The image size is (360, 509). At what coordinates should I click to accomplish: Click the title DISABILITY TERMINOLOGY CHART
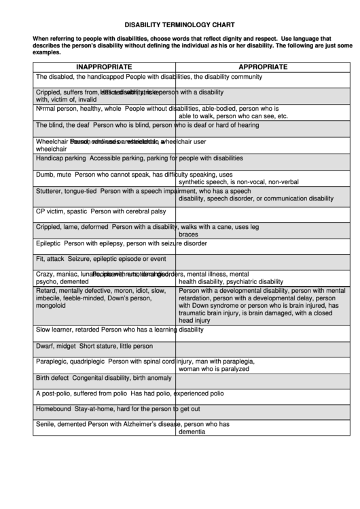tap(179, 22)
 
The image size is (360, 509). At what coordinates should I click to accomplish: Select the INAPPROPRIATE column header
tap(104, 67)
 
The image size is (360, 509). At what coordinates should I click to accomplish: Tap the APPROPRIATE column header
tap(262, 67)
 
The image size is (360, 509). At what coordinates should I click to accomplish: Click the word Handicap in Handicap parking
tap(50, 158)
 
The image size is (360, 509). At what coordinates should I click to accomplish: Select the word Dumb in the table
tap(44, 175)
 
